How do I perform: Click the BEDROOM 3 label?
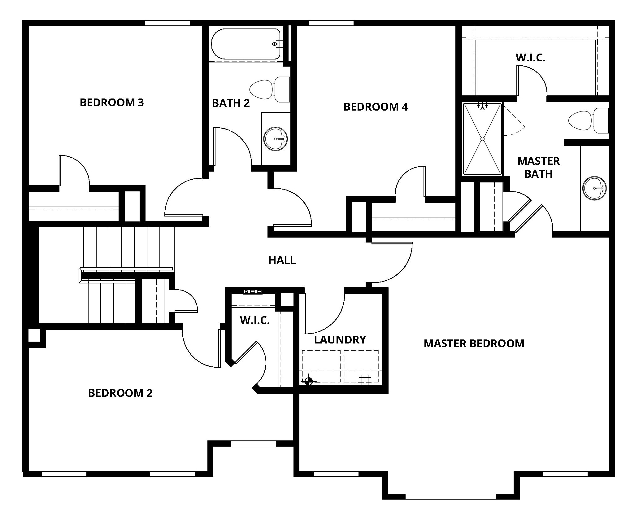point(112,103)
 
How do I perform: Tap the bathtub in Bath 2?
point(245,44)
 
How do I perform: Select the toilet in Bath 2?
point(269,89)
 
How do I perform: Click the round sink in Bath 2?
point(275,139)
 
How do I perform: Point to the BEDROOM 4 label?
point(376,107)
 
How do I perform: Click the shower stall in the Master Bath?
point(482,139)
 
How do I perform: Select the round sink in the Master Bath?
point(594,188)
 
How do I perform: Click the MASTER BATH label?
point(539,168)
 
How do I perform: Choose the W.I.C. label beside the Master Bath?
point(530,58)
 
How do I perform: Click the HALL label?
point(282,260)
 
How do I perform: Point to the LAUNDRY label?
point(340,340)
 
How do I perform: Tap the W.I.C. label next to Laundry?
point(254,320)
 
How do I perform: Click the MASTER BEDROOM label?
point(474,343)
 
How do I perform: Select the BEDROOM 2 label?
point(120,393)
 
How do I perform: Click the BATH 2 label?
point(231,103)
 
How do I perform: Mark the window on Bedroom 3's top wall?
point(167,23)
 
